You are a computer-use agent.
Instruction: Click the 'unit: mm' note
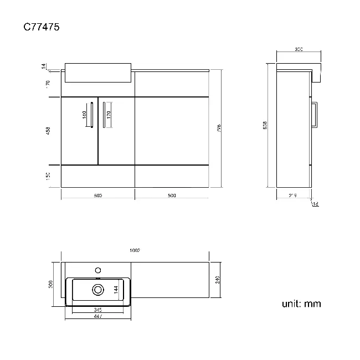[301, 304]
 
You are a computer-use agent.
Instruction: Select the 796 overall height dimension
[219, 128]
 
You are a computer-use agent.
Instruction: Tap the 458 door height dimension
[48, 131]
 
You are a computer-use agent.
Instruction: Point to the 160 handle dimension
[84, 115]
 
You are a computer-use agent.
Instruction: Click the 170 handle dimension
[108, 115]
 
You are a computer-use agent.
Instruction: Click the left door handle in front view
[90, 115]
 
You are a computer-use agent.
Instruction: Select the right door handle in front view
[104, 115]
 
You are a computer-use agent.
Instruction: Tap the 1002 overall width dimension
[135, 250]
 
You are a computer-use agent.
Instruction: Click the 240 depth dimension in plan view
[218, 280]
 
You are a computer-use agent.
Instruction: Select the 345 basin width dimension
[97, 309]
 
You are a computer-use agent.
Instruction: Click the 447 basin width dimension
[97, 315]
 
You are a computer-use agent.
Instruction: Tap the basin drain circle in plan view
[99, 289]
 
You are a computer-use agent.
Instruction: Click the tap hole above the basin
[99, 270]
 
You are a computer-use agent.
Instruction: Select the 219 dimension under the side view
[292, 195]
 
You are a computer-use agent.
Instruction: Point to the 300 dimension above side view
[299, 50]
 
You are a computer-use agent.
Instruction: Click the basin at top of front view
[98, 72]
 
